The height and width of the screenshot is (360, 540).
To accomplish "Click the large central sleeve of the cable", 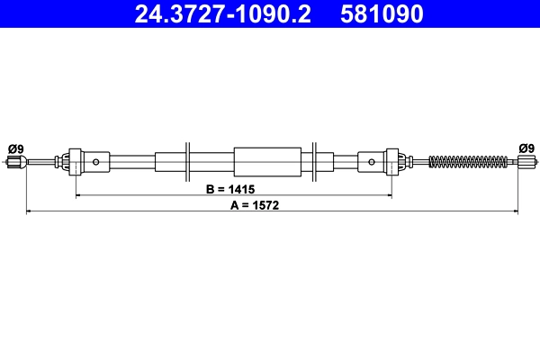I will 267,162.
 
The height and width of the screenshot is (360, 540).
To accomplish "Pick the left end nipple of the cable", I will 13,162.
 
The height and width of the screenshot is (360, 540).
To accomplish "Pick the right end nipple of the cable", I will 527,162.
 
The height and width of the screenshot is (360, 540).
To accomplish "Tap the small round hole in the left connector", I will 96,163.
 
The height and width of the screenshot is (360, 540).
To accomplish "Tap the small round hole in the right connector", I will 372,163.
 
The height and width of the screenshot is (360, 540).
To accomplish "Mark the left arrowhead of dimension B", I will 78,195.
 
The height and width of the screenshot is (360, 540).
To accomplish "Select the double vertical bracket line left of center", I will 188,162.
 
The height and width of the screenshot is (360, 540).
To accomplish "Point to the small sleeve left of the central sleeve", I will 168,162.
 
